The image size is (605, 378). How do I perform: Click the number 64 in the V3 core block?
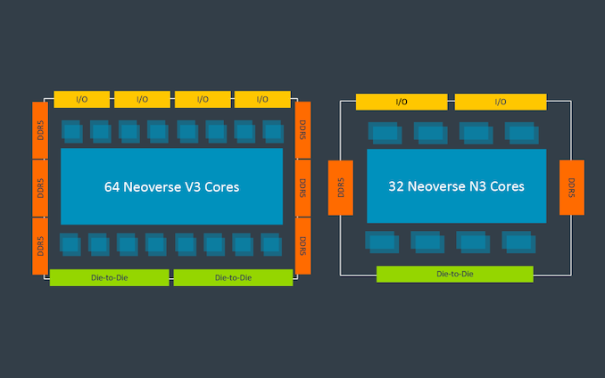[x=112, y=187]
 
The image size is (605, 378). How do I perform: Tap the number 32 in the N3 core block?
[x=396, y=186]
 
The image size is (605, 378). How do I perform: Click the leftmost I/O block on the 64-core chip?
[x=82, y=100]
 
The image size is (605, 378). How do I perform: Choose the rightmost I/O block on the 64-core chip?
[x=262, y=100]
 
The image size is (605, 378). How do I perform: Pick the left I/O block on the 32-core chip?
[x=402, y=102]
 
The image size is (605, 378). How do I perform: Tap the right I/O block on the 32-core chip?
[x=501, y=102]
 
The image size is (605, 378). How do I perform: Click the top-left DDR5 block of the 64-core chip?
[x=40, y=130]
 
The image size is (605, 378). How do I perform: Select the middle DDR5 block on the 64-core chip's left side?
[x=40, y=188]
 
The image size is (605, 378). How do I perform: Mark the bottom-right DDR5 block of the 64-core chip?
[x=302, y=246]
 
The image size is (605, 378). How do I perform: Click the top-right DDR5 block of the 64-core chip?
[x=302, y=130]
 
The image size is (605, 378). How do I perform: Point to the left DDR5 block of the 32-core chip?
[x=341, y=187]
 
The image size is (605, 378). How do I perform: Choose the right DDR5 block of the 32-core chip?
[x=572, y=187]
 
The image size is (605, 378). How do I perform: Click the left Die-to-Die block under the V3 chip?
[x=110, y=277]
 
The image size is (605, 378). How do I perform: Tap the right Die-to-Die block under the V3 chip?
[x=234, y=277]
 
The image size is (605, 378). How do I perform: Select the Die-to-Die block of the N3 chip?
[x=455, y=274]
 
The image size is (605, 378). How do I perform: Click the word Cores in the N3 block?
[x=507, y=186]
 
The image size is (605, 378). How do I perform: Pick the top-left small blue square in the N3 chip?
[x=385, y=134]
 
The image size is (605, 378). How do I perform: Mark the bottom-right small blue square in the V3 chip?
[x=271, y=244]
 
